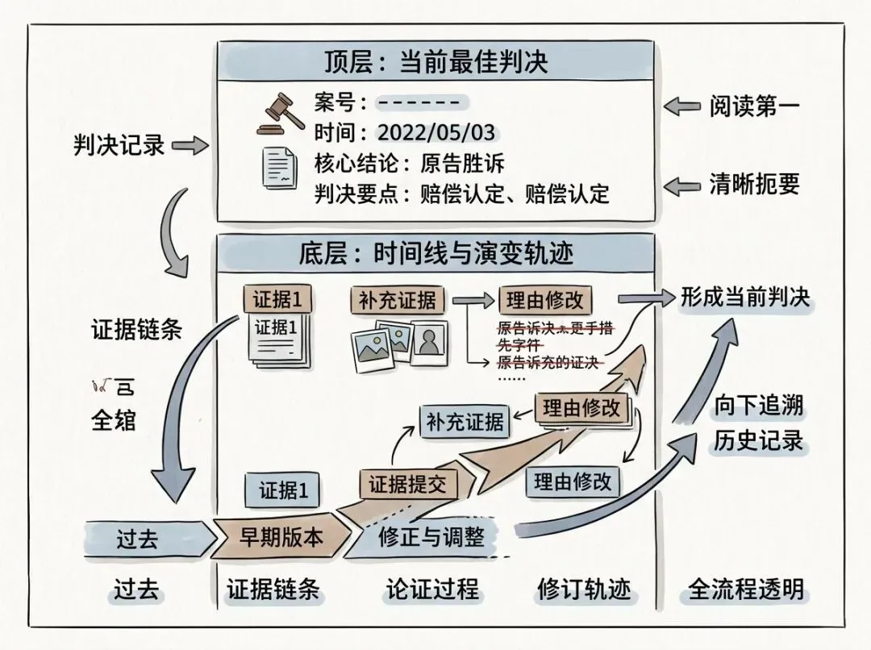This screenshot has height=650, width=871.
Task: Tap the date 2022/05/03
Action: point(436,132)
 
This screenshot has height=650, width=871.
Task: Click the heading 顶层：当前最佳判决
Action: point(436,61)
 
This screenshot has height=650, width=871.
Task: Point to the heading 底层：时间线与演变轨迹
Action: point(436,254)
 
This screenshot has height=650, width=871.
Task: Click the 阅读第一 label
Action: point(755,106)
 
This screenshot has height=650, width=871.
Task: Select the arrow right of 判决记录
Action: point(190,146)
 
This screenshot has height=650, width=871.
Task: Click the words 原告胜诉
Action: point(462,164)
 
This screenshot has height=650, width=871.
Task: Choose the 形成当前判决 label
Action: point(744,297)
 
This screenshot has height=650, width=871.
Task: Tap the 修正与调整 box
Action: point(431,538)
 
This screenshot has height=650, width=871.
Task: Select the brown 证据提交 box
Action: point(407,485)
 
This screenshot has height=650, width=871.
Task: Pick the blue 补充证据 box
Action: point(465,422)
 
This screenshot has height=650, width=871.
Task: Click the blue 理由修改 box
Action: point(573,482)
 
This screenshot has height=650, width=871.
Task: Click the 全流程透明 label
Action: point(746,590)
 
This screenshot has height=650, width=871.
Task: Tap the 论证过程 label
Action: point(431,590)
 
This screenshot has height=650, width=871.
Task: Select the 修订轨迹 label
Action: point(583,590)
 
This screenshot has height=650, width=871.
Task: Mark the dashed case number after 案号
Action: point(419,102)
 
